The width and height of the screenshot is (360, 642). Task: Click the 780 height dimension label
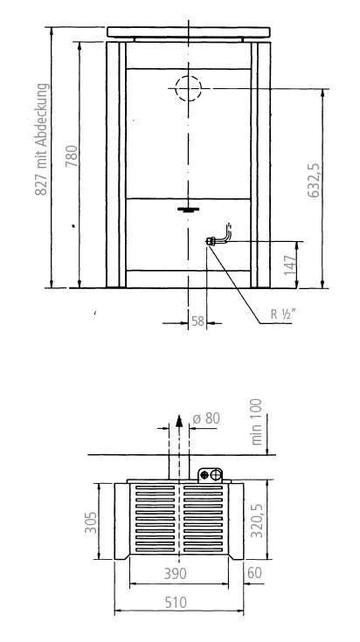click(72, 155)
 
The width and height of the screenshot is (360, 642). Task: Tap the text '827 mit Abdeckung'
click(42, 139)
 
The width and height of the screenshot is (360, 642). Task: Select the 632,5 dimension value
click(314, 180)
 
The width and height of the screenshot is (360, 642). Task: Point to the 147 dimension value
click(289, 265)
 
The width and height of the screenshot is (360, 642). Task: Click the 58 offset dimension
click(197, 321)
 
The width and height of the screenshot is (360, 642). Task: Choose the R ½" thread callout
click(282, 314)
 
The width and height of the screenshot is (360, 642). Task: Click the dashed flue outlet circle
click(189, 88)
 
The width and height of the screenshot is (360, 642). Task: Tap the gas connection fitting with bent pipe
click(218, 237)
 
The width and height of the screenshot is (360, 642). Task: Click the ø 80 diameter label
click(206, 418)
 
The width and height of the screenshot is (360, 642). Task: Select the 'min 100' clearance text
click(257, 422)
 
